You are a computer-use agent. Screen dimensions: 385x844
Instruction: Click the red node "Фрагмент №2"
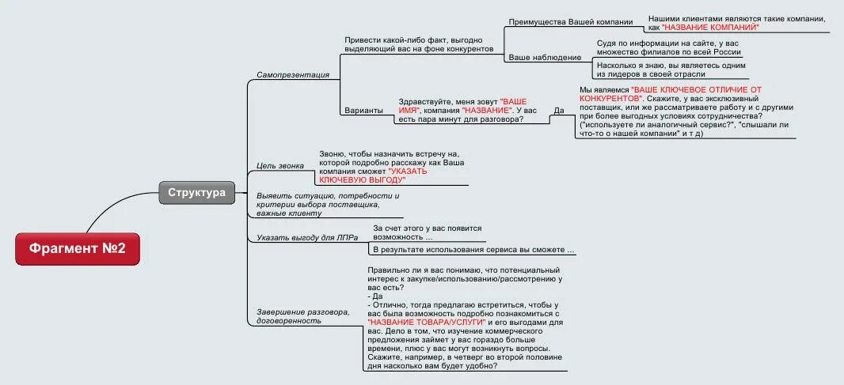78,249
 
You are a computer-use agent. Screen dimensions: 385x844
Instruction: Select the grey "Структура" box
196,192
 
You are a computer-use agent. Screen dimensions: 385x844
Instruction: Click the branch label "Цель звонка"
278,165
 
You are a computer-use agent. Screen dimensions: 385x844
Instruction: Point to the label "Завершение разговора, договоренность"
302,316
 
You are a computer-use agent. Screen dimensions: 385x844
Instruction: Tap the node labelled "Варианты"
364,111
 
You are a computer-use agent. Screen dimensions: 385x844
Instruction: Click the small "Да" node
559,110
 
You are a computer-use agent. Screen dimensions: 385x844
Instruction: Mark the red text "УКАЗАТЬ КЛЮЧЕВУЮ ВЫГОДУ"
408,176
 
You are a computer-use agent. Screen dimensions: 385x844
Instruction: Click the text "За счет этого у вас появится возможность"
427,232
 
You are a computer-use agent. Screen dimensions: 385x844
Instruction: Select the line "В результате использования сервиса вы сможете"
473,250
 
